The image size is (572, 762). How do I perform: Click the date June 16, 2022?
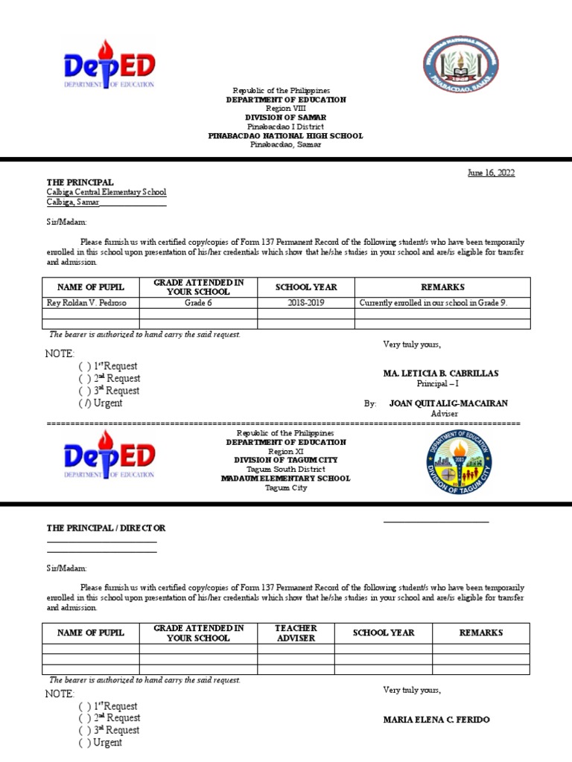(491, 173)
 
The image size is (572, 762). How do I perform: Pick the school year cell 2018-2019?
(306, 303)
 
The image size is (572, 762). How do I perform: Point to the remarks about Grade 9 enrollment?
(433, 303)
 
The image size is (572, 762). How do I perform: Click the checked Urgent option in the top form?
(101, 403)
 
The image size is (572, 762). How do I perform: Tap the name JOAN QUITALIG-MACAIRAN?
(448, 403)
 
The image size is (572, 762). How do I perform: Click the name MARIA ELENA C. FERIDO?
(436, 720)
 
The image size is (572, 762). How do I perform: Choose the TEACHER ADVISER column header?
(296, 633)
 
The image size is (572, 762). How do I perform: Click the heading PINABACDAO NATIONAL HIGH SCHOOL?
(286, 136)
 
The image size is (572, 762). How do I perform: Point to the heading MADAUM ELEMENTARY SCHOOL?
(285, 478)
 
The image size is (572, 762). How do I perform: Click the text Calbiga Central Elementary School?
(107, 192)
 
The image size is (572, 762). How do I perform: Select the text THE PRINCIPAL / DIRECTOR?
(106, 528)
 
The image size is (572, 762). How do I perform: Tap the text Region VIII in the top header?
(286, 109)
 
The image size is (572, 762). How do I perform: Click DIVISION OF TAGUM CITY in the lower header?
(286, 460)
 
